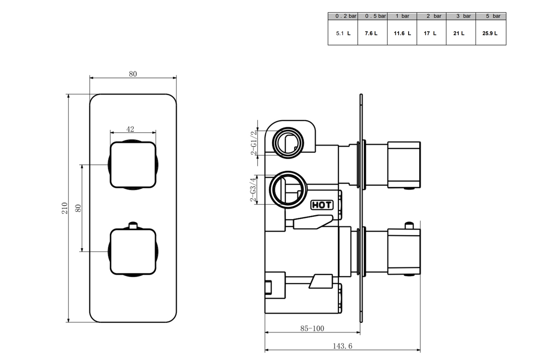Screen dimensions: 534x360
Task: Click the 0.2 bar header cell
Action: [x=343, y=16]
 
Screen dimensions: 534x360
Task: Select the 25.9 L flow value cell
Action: [x=491, y=33]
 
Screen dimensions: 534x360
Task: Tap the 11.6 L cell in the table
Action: [x=402, y=33]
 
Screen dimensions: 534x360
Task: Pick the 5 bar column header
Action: [x=491, y=16]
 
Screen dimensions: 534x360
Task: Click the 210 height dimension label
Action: [x=65, y=208]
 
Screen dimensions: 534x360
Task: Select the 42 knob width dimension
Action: [x=130, y=129]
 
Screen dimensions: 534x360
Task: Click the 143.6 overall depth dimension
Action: [x=342, y=346]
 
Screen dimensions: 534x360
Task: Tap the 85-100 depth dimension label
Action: [x=312, y=328]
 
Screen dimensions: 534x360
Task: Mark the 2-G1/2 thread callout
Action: [x=254, y=143]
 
